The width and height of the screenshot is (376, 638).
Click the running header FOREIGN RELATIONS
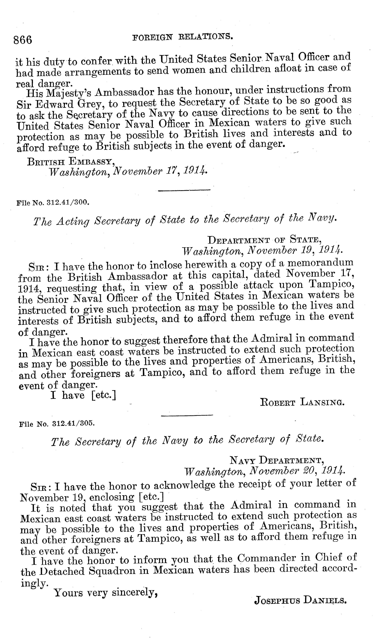point(183,37)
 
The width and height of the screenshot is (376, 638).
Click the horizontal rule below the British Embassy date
point(184,190)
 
